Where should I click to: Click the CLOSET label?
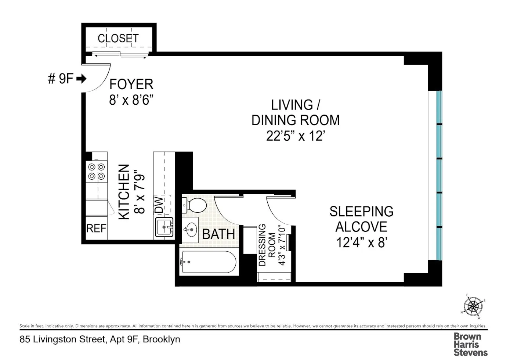(118, 38)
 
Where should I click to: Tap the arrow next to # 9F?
(82, 79)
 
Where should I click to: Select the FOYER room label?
(131, 84)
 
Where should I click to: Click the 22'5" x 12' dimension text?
(296, 136)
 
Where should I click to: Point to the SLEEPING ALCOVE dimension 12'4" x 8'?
(362, 242)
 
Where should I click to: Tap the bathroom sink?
(190, 230)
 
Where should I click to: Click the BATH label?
(218, 234)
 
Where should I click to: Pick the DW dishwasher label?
(159, 205)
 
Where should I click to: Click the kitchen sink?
(164, 227)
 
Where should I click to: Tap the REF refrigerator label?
(96, 228)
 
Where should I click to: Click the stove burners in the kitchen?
(97, 172)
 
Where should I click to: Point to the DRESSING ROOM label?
(267, 245)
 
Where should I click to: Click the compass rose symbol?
(473, 306)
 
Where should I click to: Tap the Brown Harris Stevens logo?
(470, 344)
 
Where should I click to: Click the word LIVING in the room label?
(292, 105)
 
